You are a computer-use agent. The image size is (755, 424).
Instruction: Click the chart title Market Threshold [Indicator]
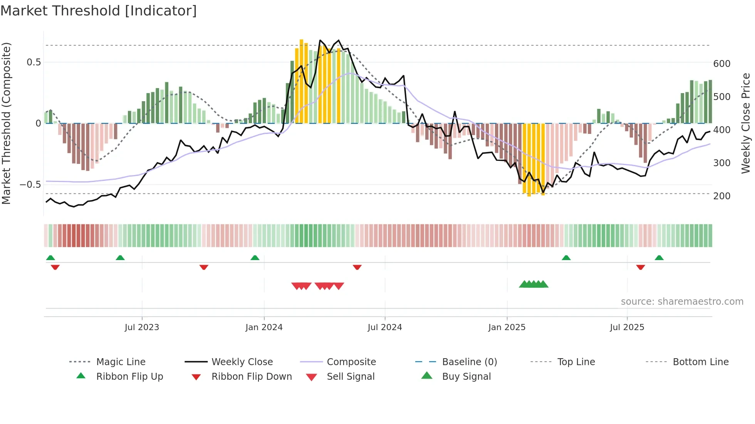[99, 11]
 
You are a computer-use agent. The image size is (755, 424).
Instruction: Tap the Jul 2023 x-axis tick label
[142, 327]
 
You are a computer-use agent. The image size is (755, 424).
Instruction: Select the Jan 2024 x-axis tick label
[264, 327]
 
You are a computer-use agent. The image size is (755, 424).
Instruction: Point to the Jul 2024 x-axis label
[384, 327]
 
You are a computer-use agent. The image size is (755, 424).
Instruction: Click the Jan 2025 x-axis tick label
[507, 327]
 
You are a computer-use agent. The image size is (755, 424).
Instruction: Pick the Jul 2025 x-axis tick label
[627, 327]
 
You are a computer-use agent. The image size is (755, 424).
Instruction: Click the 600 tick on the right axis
[721, 64]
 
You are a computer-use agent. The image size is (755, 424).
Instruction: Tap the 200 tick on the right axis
[721, 196]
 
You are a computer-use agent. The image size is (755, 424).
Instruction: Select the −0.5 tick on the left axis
[30, 185]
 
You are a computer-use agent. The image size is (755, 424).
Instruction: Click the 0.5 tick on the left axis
[34, 62]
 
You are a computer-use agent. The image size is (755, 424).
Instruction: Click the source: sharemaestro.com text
[682, 302]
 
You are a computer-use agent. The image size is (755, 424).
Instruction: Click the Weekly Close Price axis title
[746, 123]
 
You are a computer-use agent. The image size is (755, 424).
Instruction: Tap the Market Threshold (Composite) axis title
[6, 123]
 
